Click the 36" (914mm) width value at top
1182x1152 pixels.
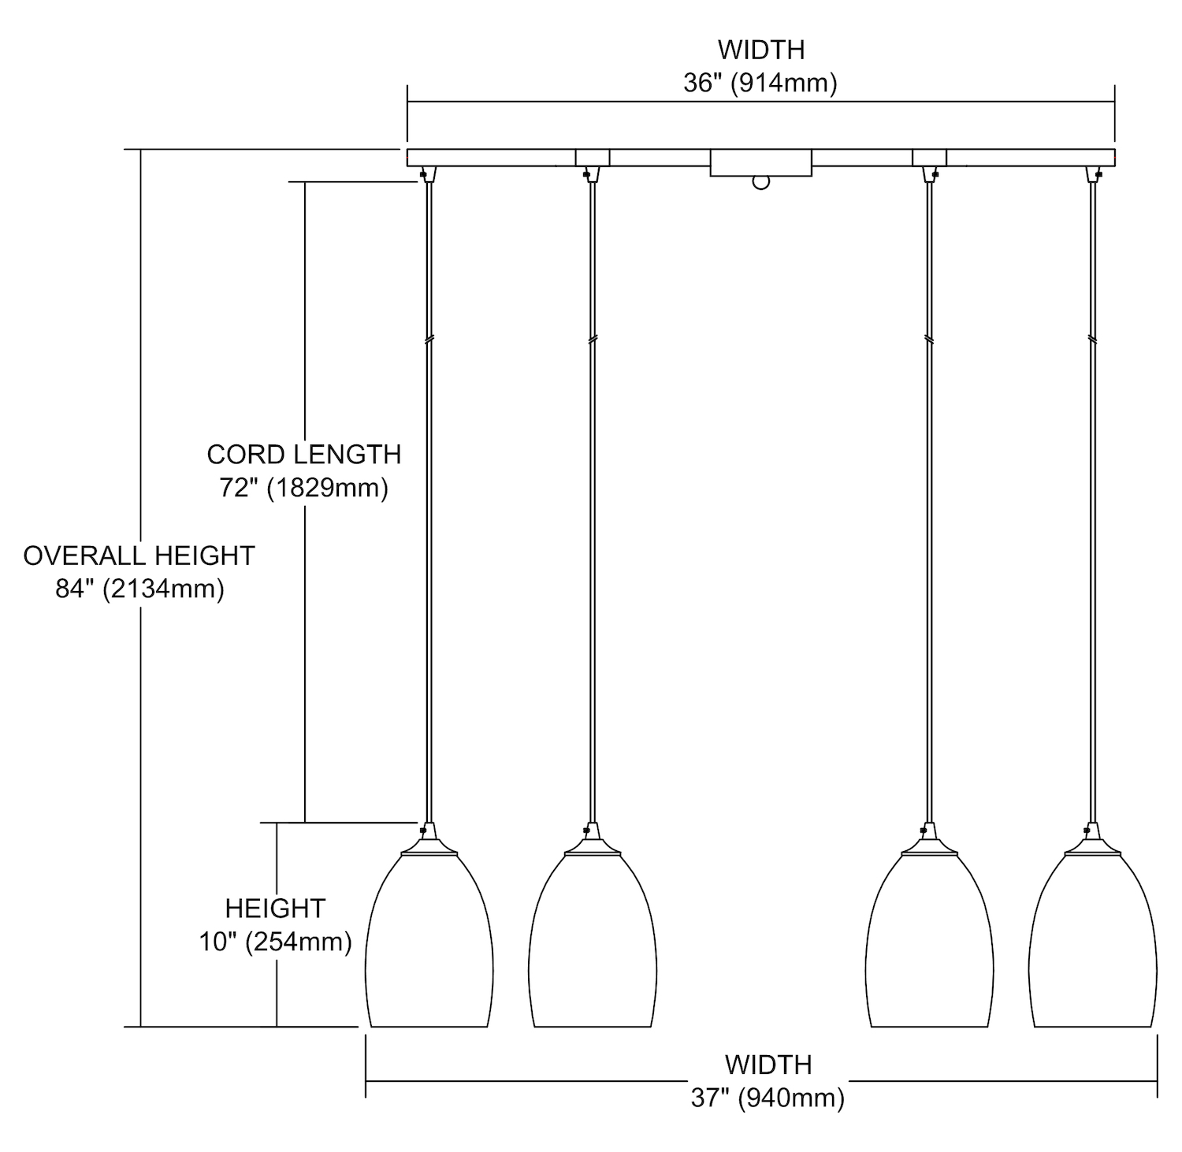point(760,83)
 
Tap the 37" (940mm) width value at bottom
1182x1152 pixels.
point(768,1098)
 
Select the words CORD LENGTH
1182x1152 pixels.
point(304,455)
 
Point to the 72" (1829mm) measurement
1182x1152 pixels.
point(304,489)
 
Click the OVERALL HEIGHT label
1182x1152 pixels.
point(139,556)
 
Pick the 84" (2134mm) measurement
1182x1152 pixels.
point(139,589)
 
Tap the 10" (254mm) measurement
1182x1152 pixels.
point(275,942)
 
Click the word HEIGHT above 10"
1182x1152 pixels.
point(275,909)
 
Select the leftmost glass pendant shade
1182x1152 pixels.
point(429,942)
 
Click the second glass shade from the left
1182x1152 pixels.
point(593,942)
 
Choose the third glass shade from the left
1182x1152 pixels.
point(929,942)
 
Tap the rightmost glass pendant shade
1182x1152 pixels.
point(1092,942)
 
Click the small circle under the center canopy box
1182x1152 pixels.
point(760,183)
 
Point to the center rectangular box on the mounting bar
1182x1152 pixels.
point(760,163)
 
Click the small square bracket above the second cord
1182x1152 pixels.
point(593,158)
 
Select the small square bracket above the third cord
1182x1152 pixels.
point(929,158)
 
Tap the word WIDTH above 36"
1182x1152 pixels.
point(761,50)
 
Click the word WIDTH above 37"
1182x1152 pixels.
point(768,1065)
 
